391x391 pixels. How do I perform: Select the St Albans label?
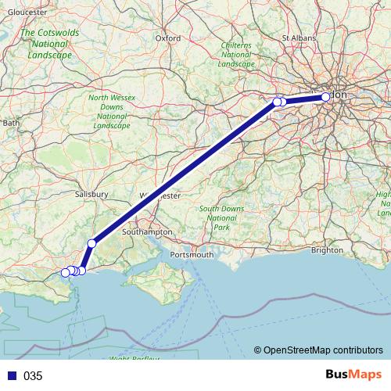point(297,37)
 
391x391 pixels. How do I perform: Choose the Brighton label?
point(327,251)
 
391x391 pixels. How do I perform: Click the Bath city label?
point(11,123)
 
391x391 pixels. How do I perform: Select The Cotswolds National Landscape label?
point(49,45)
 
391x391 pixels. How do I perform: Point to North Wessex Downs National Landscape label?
point(111,110)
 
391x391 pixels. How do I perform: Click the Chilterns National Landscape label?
point(235,55)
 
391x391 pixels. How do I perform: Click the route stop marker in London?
point(326,97)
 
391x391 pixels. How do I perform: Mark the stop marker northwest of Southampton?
point(91,243)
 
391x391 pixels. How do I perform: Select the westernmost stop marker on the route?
point(66,272)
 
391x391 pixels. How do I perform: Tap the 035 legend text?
point(32,376)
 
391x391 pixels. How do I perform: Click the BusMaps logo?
point(353,375)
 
